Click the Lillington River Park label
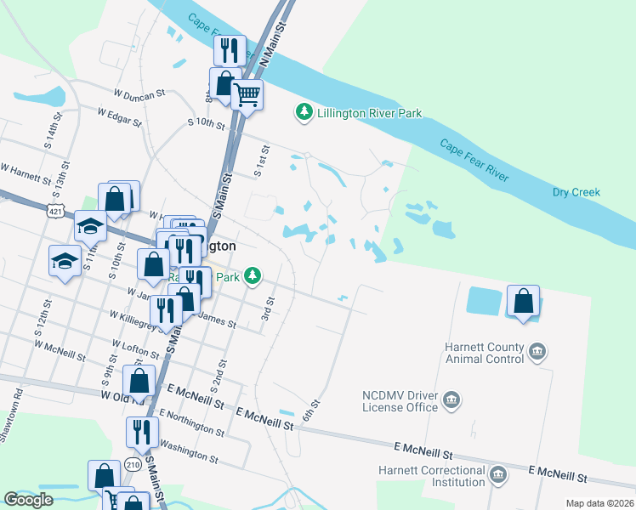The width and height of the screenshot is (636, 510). (369, 112)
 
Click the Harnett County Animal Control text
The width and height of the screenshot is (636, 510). (484, 353)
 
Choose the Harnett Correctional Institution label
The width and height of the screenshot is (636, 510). (432, 476)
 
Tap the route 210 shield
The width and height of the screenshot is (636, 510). (133, 464)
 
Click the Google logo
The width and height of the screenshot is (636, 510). (27, 500)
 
